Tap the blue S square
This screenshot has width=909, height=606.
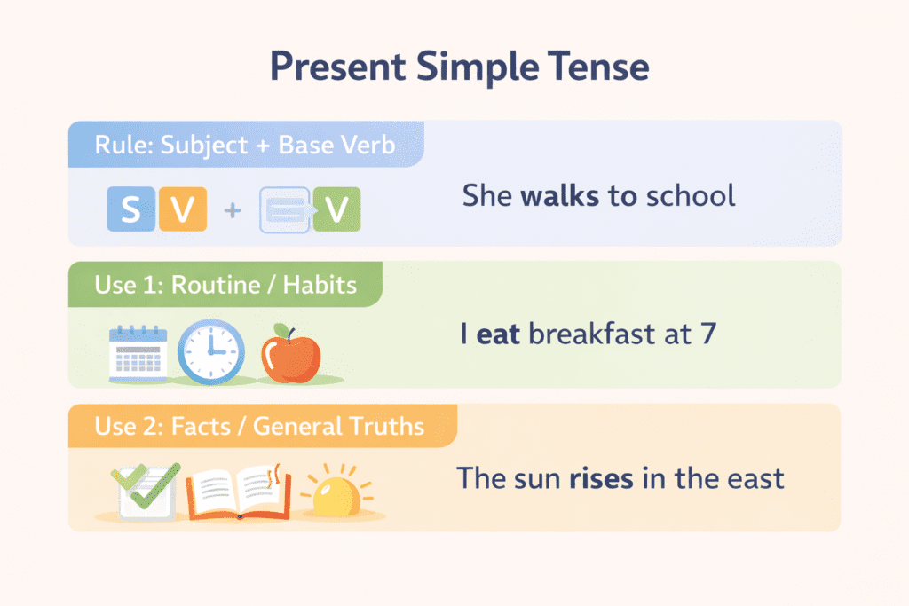(130, 210)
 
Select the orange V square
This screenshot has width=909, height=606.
(182, 210)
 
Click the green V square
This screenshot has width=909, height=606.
(336, 210)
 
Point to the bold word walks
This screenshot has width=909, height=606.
(561, 195)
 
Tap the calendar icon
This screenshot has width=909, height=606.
(138, 352)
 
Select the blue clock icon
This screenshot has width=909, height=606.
(210, 351)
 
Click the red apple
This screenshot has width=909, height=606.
(290, 353)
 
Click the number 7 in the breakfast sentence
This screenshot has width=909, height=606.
(707, 335)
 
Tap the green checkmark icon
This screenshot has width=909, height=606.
(144, 488)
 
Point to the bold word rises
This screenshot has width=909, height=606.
(601, 479)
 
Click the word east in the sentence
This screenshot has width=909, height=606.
(755, 479)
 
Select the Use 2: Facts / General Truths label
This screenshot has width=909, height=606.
(259, 426)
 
